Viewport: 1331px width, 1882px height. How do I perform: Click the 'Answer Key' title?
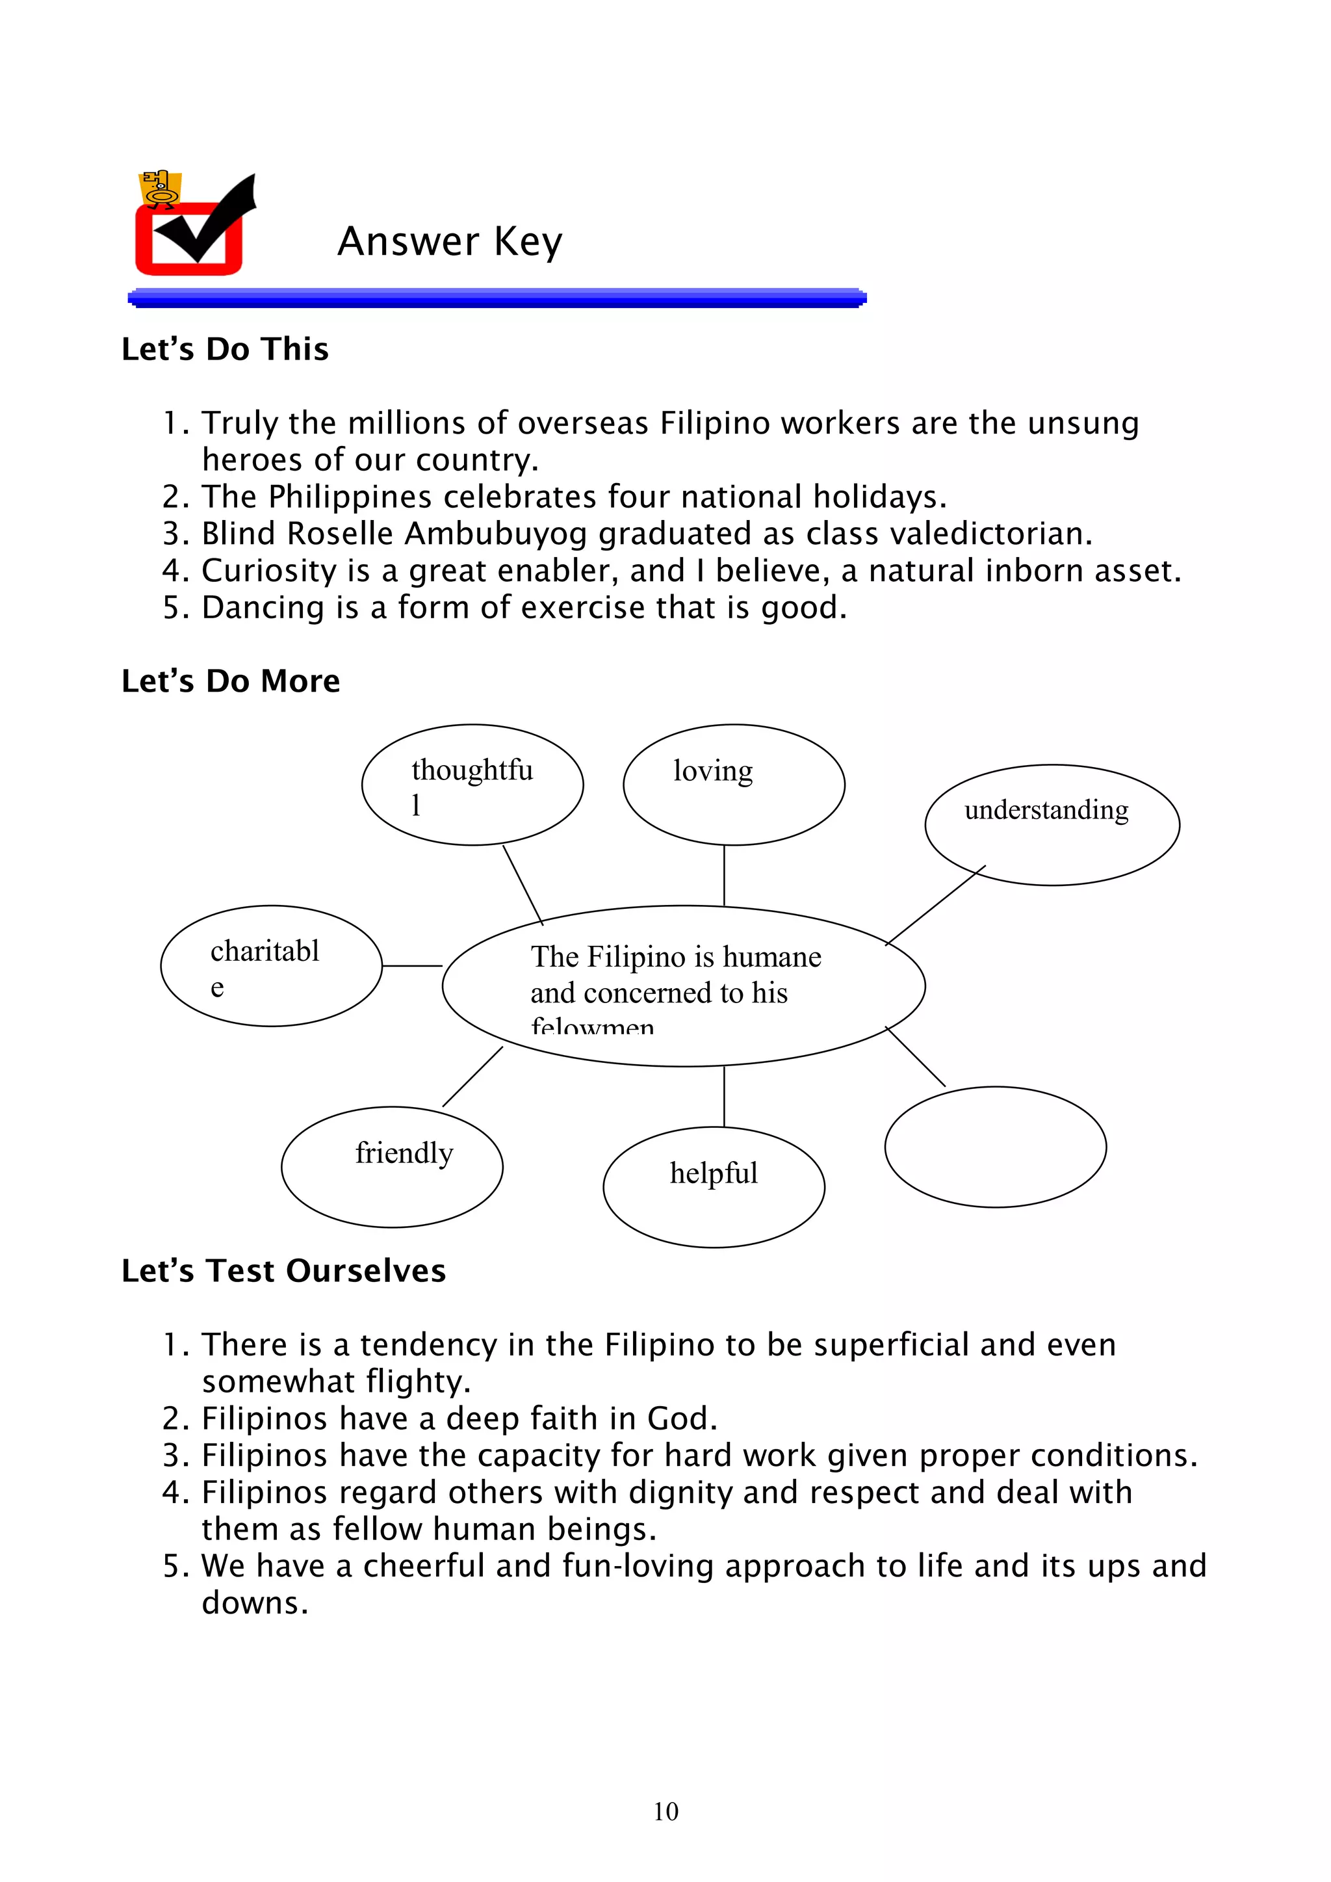(449, 242)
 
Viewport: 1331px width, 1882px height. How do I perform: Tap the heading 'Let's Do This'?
(225, 349)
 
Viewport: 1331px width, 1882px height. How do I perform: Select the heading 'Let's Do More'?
(230, 681)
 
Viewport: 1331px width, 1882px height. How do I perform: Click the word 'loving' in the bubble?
(712, 771)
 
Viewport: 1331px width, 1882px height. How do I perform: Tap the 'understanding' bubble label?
(1046, 810)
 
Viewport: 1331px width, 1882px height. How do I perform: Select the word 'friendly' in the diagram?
(404, 1153)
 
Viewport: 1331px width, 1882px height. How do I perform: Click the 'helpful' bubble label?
(713, 1173)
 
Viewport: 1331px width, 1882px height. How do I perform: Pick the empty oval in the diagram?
(995, 1147)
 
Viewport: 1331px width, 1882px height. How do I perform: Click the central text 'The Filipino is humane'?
(675, 956)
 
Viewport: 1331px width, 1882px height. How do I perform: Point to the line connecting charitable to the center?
(411, 965)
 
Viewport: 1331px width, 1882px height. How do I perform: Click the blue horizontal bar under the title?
(497, 298)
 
